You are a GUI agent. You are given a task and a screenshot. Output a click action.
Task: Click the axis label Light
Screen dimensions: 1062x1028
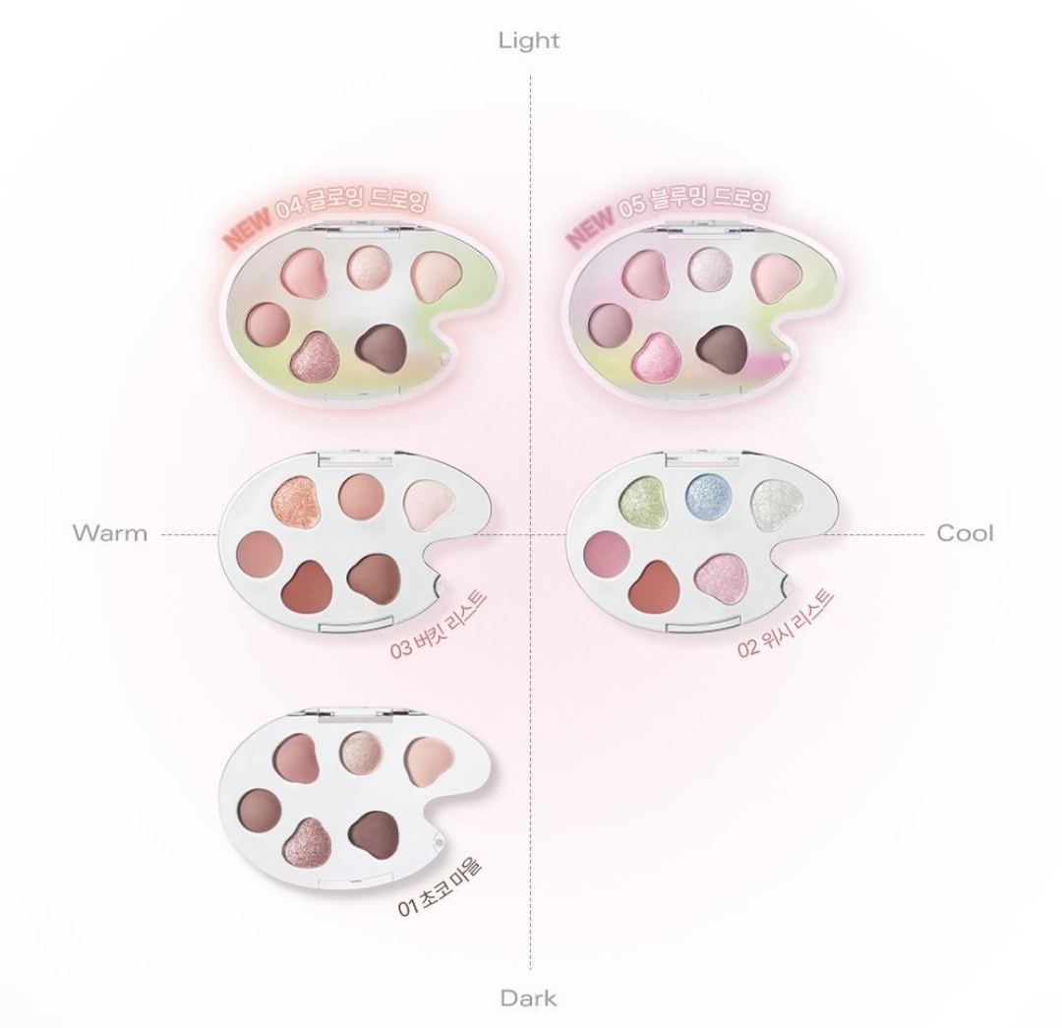pyautogui.click(x=529, y=40)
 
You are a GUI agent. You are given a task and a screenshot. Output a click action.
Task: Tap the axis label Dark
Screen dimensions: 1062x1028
pyautogui.click(x=529, y=998)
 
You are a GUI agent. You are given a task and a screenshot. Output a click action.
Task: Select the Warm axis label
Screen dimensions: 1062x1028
pyautogui.click(x=110, y=532)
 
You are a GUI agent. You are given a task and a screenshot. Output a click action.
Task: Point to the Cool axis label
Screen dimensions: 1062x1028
pyautogui.click(x=966, y=533)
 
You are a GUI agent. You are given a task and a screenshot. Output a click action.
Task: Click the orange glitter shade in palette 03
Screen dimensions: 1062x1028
pyautogui.click(x=295, y=501)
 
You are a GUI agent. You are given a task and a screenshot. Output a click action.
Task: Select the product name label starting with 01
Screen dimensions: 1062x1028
pyautogui.click(x=439, y=887)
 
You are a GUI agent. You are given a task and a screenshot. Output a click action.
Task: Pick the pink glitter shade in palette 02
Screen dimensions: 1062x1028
pyautogui.click(x=724, y=577)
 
